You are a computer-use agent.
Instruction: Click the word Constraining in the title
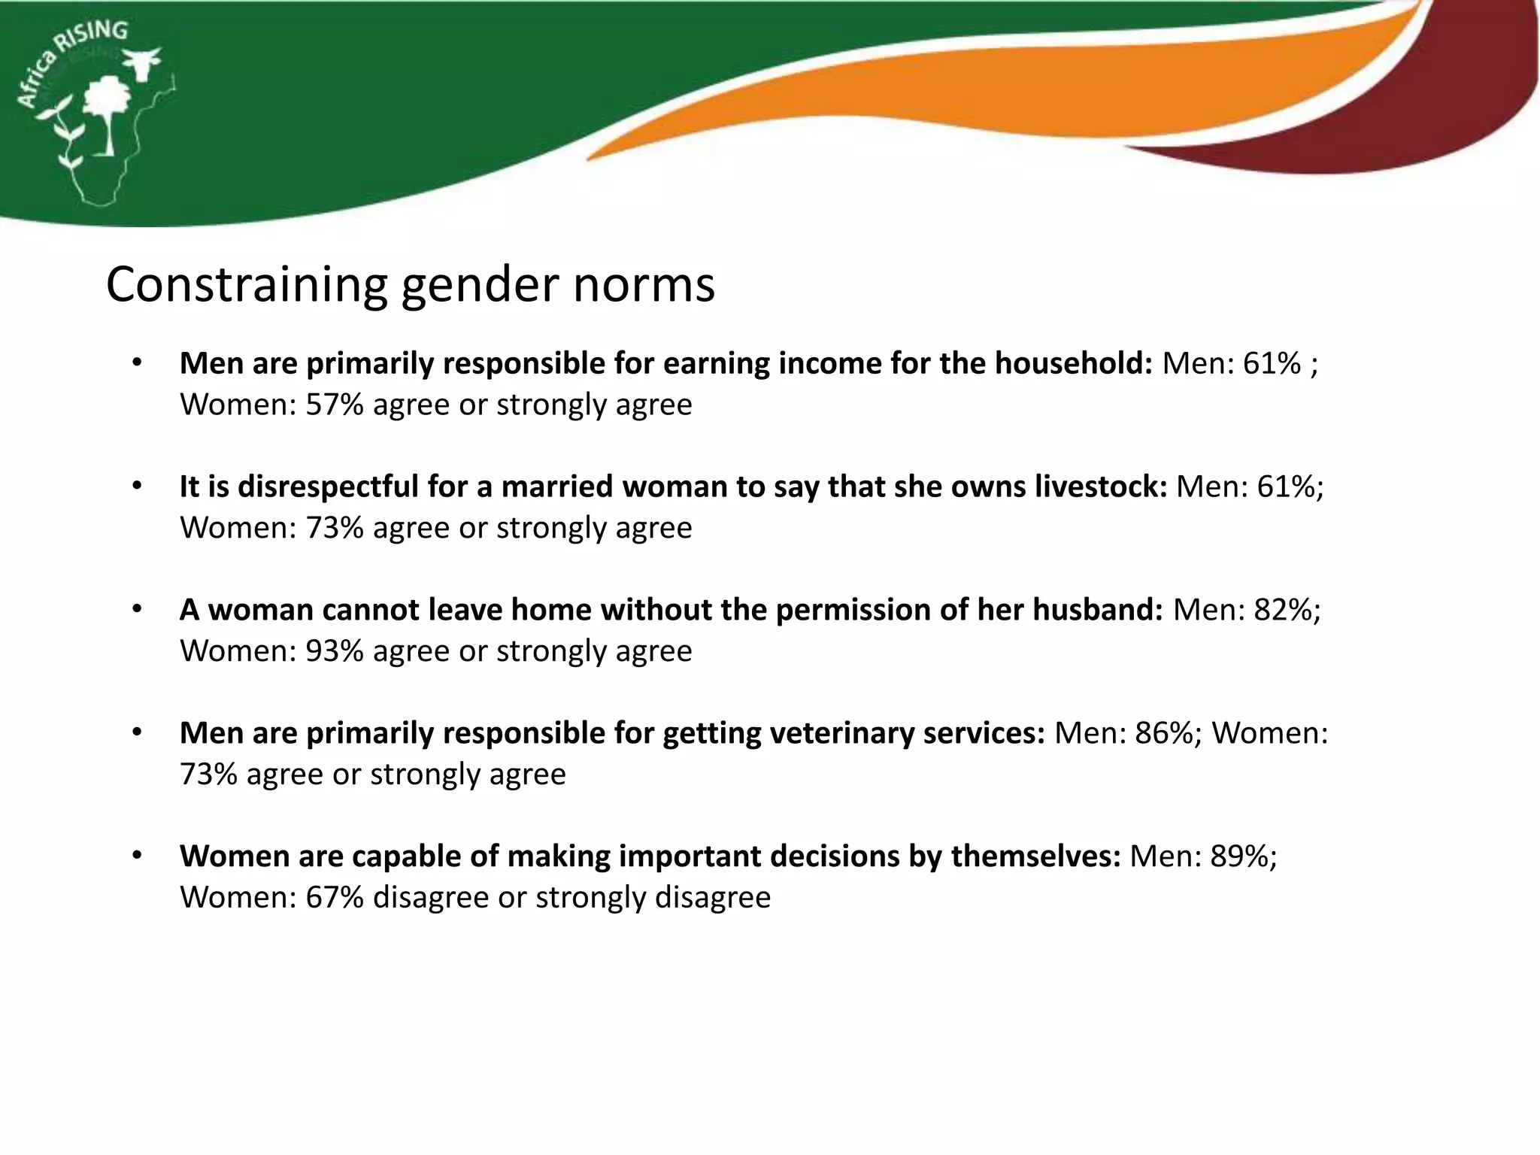click(x=245, y=286)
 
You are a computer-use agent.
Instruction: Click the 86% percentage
click(x=1164, y=733)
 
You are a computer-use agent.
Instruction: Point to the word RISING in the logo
click(x=94, y=38)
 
